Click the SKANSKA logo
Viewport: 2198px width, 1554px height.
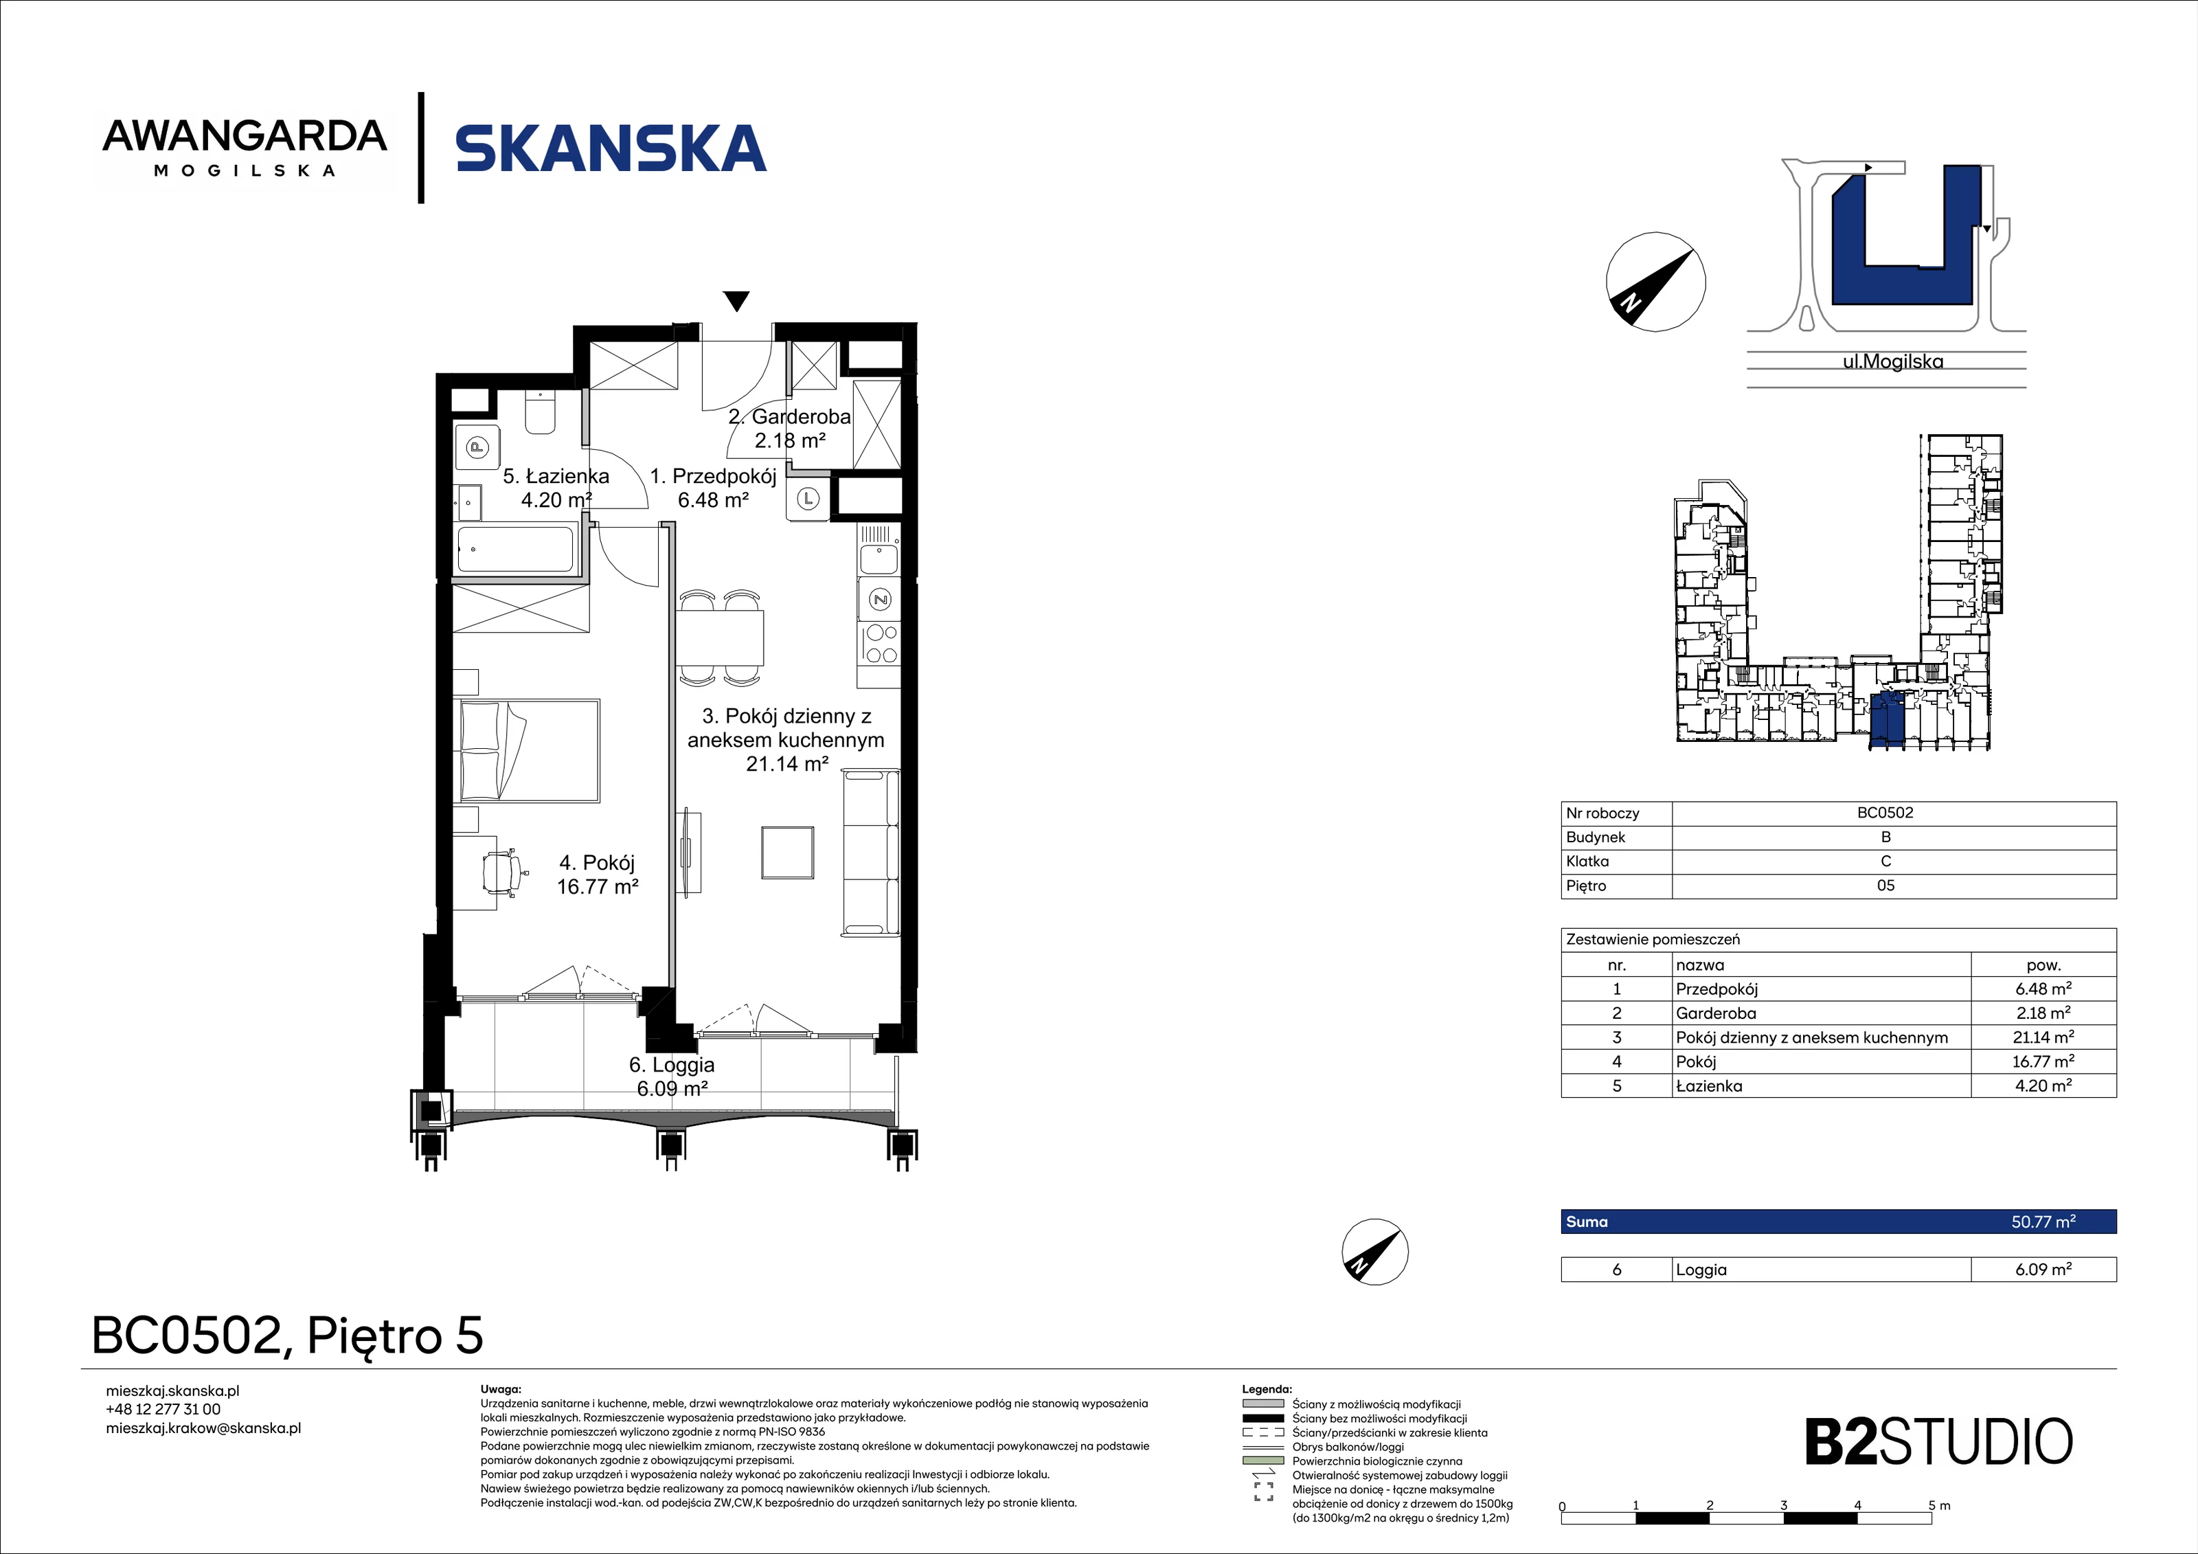click(611, 148)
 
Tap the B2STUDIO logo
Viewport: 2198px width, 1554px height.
click(1938, 1442)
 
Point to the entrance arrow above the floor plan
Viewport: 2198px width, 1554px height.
click(736, 301)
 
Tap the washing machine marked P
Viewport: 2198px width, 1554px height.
click(477, 446)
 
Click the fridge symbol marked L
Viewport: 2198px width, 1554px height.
click(809, 499)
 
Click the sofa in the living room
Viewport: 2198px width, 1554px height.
click(870, 853)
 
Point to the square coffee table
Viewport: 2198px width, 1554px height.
click(788, 852)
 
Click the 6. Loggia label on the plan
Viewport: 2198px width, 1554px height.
click(672, 1065)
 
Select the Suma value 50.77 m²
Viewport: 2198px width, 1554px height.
click(2043, 1221)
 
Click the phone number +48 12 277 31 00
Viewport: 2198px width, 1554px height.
click(163, 1410)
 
